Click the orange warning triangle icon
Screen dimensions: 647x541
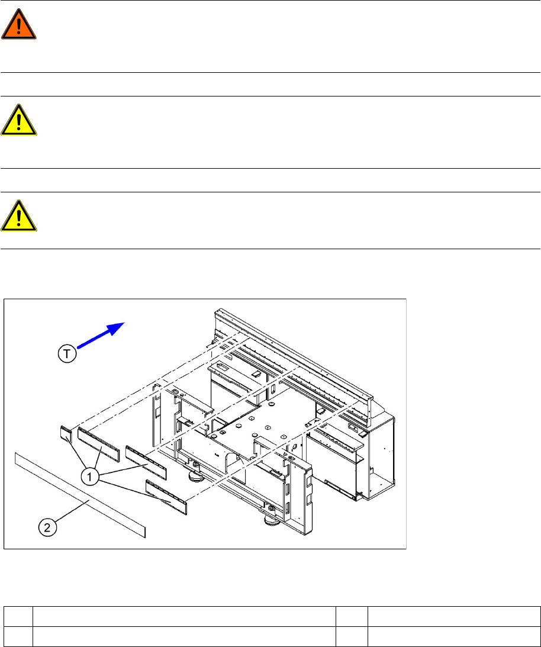(19, 27)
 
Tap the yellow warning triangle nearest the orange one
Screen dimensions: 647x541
(19, 123)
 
